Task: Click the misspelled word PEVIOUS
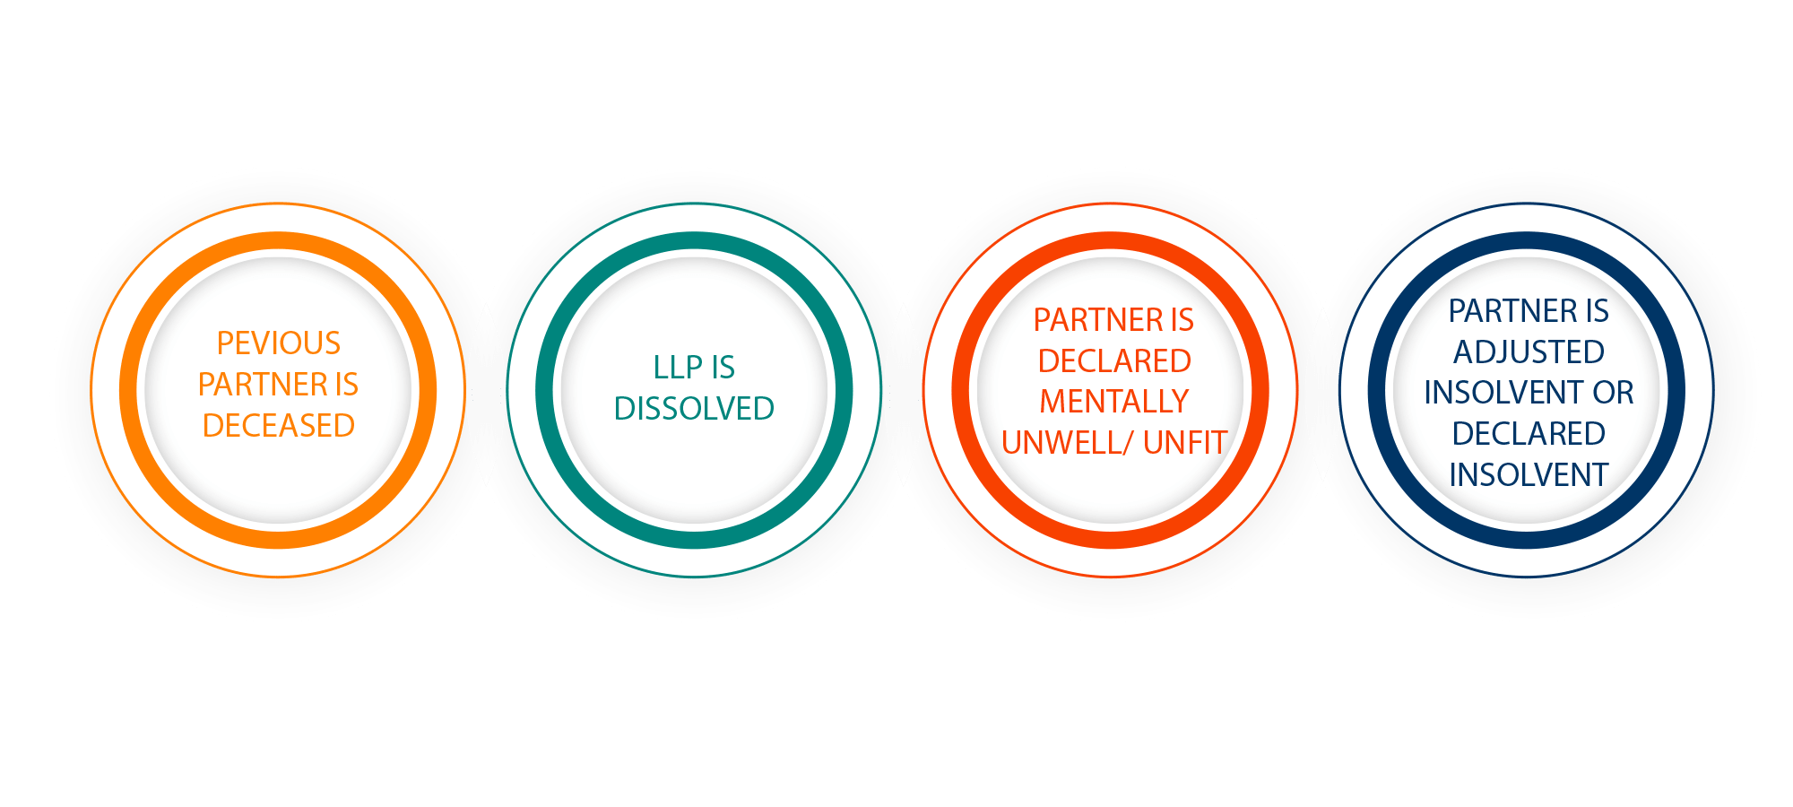coord(279,343)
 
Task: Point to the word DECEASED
coord(279,426)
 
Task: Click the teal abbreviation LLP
coord(678,368)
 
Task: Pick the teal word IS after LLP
coord(723,368)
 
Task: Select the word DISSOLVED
coord(694,409)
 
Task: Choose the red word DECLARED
coord(1114,361)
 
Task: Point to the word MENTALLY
coord(1114,402)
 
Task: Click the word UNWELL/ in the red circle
coord(1068,443)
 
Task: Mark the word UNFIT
coord(1185,443)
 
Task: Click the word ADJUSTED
coord(1529,352)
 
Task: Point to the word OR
coord(1614,393)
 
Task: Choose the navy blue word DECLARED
coord(1529,434)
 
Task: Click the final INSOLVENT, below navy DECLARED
coord(1529,475)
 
